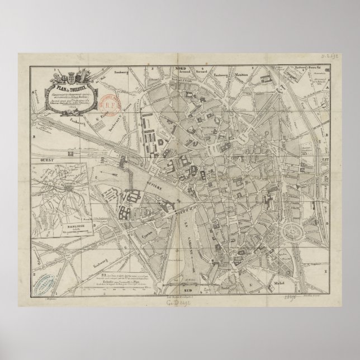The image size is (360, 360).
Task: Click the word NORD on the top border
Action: pyautogui.click(x=180, y=68)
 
